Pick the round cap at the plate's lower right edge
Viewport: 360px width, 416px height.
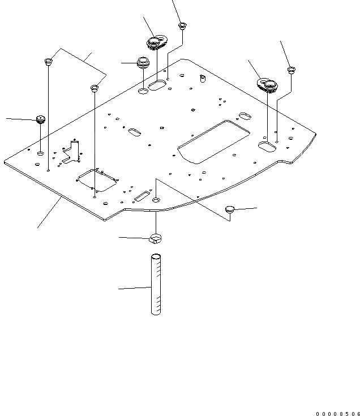tap(229, 210)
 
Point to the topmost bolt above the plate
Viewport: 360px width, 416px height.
tap(182, 25)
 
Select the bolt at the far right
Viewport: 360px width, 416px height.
tap(291, 70)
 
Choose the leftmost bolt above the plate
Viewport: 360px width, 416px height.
tap(48, 61)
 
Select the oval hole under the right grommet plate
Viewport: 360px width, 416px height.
tap(267, 147)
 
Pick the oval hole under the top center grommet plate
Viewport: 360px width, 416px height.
tap(157, 85)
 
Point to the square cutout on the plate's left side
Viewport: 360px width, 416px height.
tap(95, 180)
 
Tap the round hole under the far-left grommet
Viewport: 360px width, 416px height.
tap(41, 153)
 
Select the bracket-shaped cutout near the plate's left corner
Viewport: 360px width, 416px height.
tap(71, 151)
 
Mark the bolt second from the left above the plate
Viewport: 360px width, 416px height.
tap(95, 88)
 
